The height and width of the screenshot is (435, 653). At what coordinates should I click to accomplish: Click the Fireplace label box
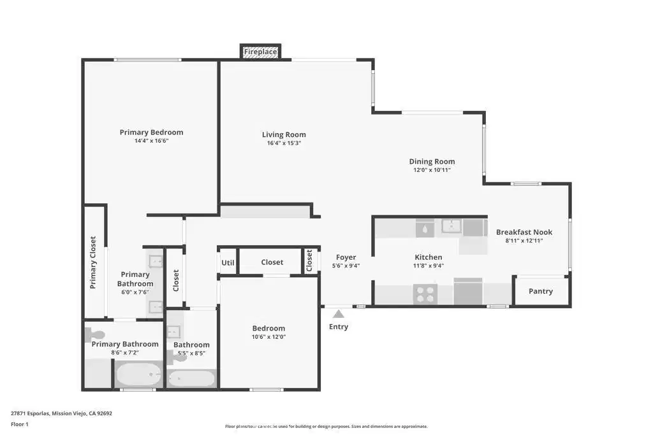[x=260, y=52]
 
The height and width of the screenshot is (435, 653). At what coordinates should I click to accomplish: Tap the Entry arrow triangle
[x=339, y=314]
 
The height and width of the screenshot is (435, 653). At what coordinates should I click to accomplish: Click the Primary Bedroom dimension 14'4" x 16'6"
[x=151, y=141]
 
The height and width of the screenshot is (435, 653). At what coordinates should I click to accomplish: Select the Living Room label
[x=284, y=134]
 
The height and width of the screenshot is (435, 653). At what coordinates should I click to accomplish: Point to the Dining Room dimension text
[x=432, y=170]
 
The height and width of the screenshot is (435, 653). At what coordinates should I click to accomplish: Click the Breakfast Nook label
[x=524, y=232]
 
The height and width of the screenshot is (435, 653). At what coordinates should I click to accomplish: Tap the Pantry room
[x=541, y=291]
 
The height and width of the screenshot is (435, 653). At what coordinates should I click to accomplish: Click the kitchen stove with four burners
[x=425, y=294]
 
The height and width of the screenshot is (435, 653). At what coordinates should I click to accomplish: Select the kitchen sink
[x=451, y=227]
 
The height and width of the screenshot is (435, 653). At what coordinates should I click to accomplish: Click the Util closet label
[x=228, y=263]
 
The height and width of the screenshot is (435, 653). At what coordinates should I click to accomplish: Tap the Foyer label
[x=346, y=257]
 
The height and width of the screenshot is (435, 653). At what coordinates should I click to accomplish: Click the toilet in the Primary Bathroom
[x=95, y=334]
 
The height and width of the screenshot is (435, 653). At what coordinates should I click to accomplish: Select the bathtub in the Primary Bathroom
[x=138, y=374]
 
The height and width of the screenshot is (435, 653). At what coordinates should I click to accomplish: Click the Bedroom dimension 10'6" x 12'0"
[x=268, y=337]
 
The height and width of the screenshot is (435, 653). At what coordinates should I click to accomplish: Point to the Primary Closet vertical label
[x=93, y=262]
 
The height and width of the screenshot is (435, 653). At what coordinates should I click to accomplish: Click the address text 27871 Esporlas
[x=30, y=413]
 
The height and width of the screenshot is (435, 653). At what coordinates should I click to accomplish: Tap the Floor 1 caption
[x=20, y=424]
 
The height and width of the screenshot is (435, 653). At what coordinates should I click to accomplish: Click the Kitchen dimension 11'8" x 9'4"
[x=429, y=266]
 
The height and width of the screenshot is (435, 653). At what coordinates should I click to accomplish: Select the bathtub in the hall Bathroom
[x=191, y=378]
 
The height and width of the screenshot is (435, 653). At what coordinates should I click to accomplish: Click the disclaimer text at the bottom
[x=326, y=426]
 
